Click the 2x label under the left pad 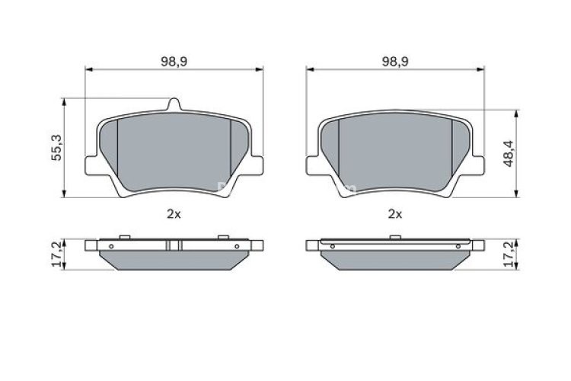click(174, 215)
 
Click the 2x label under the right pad click(394, 215)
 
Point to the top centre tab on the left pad click(174, 104)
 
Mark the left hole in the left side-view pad click(112, 246)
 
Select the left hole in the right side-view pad click(333, 246)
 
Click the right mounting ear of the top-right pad click(479, 164)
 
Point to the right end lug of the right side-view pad click(478, 245)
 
